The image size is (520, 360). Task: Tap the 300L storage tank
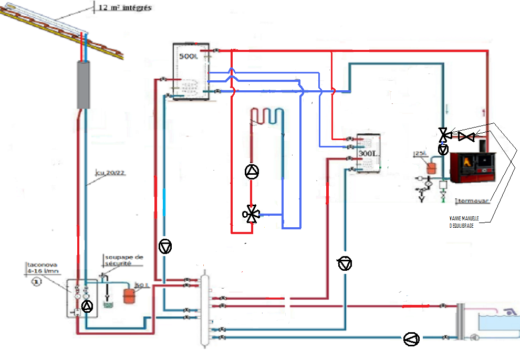pyautogui.click(x=368, y=153)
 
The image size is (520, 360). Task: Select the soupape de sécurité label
pyautogui.click(x=123, y=261)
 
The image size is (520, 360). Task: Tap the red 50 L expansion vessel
pyautogui.click(x=128, y=294)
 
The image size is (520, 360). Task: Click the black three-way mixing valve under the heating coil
pyautogui.click(x=251, y=214)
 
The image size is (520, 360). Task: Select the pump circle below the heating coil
pyautogui.click(x=252, y=171)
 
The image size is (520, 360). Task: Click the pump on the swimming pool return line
pyautogui.click(x=411, y=339)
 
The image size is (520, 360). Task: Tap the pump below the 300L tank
pyautogui.click(x=345, y=264)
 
